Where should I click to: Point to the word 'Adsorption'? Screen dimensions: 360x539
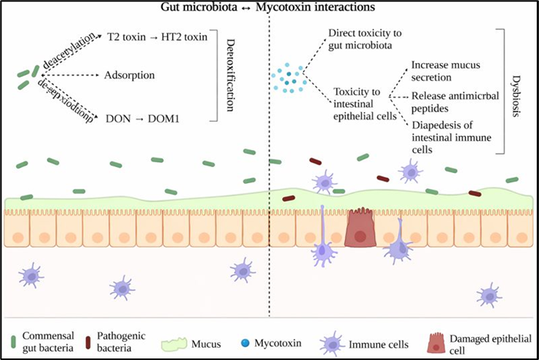pos(129,75)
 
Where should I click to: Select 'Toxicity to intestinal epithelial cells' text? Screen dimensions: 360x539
pos(363,104)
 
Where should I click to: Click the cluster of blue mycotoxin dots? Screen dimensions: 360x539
pos(290,77)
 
